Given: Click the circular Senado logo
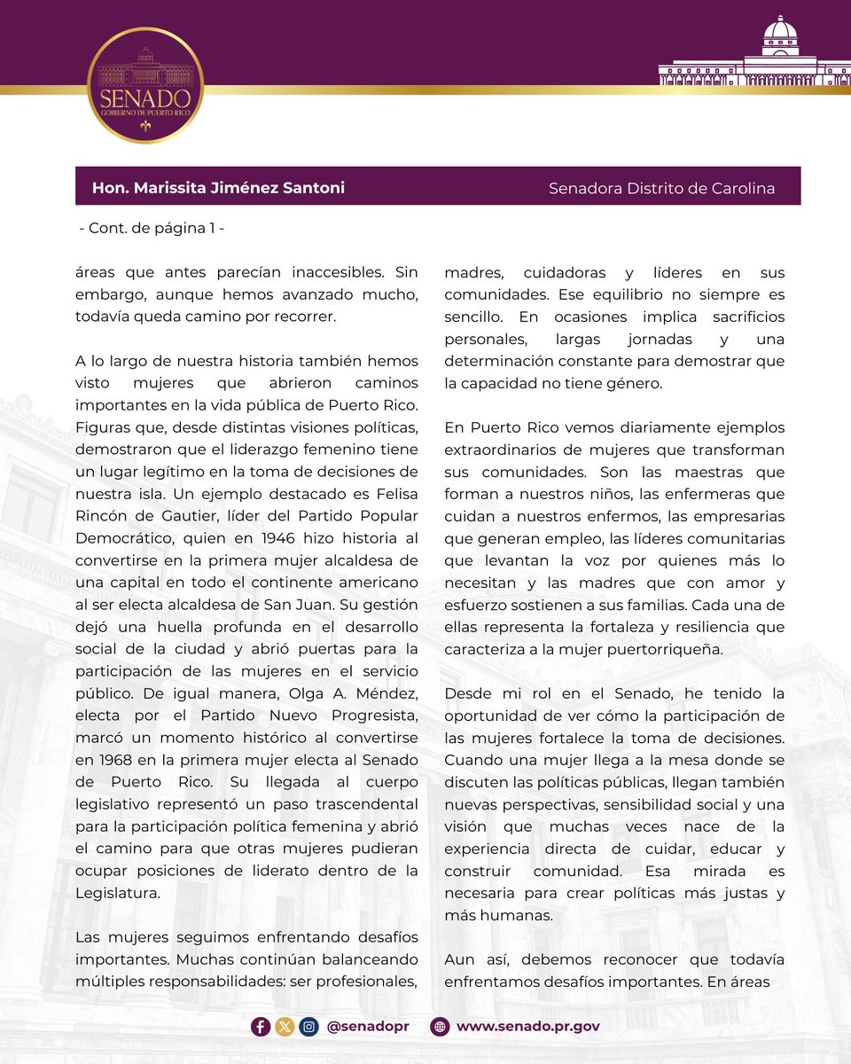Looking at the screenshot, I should [145, 85].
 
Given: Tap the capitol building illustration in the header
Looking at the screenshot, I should [754, 55].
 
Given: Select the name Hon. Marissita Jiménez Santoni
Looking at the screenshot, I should [218, 188].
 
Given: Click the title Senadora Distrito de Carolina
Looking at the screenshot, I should [661, 188].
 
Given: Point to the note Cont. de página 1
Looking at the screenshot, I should [152, 228].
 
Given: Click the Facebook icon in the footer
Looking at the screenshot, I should [261, 1026].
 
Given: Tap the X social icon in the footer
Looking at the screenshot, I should [285, 1026].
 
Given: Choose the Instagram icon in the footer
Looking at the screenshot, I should [308, 1026].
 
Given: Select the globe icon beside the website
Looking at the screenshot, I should [440, 1026].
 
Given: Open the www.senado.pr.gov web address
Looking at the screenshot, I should [527, 1026].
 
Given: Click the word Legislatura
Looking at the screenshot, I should [118, 893].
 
